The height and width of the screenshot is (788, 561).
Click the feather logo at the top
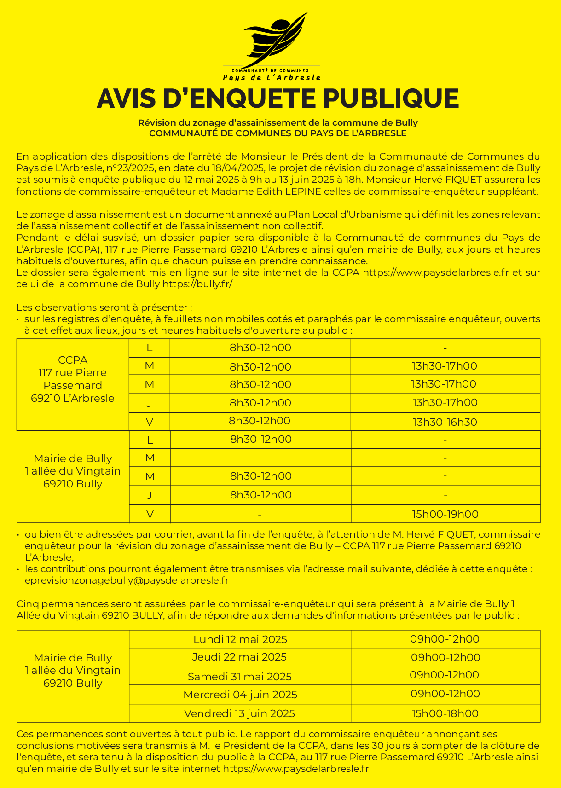[x=275, y=41]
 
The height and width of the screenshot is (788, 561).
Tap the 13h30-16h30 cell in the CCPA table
[x=445, y=422]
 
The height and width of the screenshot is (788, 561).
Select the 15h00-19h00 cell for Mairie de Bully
[x=445, y=514]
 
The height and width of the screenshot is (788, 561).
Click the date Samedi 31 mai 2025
[x=240, y=677]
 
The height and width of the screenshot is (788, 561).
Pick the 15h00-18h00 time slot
[x=445, y=713]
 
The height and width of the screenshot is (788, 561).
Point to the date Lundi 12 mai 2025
[x=240, y=639]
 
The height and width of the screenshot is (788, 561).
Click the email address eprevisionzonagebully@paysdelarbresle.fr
[x=127, y=580]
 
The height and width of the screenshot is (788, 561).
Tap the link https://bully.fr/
[x=197, y=284]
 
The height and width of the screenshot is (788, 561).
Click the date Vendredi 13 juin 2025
[x=239, y=713]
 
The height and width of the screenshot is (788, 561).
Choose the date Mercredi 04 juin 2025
[x=240, y=695]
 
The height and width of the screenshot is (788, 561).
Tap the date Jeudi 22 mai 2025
[x=239, y=657]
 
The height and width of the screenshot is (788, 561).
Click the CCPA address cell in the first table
[x=73, y=379]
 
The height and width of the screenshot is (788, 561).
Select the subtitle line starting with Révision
[x=278, y=123]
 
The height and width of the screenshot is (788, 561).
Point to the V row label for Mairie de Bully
[x=150, y=514]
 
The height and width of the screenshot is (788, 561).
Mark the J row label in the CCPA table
[x=149, y=403]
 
